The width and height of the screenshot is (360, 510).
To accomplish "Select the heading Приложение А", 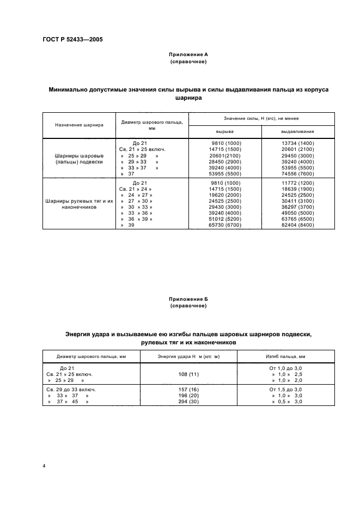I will (x=188, y=55).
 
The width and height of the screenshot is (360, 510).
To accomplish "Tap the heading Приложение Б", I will (x=188, y=299).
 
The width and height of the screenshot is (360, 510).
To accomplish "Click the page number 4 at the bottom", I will (x=44, y=466).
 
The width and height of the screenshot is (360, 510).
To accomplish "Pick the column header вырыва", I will (x=224, y=131).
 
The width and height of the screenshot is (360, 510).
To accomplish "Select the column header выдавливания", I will (x=297, y=131).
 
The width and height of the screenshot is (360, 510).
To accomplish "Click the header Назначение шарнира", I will (x=79, y=124).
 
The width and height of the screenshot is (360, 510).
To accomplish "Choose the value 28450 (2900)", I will (x=224, y=162).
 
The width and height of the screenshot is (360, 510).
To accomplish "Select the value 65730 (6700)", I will (x=224, y=224).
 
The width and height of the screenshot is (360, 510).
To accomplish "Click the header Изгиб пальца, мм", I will (x=286, y=356).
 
